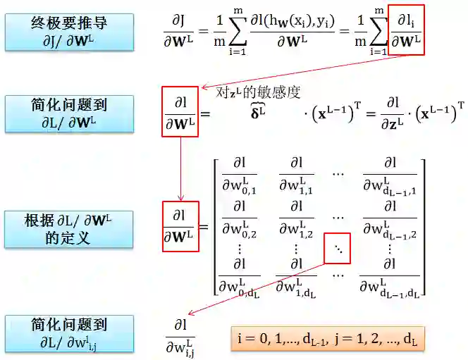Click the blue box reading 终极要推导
pyautogui.click(x=68, y=30)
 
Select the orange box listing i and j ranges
pyautogui.click(x=328, y=338)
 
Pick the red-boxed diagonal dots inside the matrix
pyautogui.click(x=336, y=249)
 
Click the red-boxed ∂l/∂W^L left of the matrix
pyautogui.click(x=180, y=226)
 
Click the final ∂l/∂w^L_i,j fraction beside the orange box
pyautogui.click(x=180, y=337)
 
